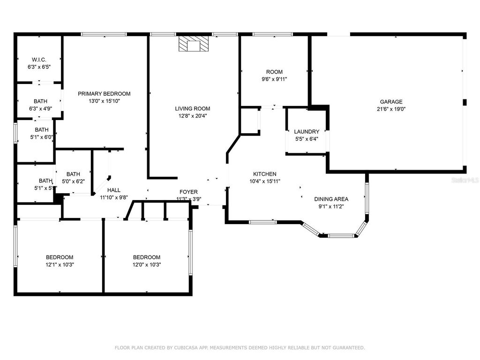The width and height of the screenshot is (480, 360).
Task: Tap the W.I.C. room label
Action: [39, 60]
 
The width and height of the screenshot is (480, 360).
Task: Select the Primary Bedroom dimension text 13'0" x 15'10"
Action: [104, 101]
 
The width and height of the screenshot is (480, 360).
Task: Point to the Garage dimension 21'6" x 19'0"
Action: [391, 109]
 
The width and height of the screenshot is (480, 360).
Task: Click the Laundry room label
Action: [307, 132]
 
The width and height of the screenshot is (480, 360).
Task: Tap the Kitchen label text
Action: [265, 174]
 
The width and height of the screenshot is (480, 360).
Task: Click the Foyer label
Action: [188, 192]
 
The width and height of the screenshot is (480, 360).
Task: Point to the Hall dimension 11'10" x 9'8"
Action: [113, 197]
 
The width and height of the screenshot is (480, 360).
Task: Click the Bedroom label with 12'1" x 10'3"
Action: [60, 257]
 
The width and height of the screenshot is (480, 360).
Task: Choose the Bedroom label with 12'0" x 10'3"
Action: [147, 257]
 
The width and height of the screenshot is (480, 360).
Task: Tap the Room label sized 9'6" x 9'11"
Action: [274, 72]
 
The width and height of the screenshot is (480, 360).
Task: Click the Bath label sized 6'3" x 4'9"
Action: [40, 102]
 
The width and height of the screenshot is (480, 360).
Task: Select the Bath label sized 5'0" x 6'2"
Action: [73, 174]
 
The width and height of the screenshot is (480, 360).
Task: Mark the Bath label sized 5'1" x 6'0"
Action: [41, 130]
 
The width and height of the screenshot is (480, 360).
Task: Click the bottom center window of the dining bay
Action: [341, 236]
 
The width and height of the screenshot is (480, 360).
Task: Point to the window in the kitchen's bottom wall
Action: [262, 222]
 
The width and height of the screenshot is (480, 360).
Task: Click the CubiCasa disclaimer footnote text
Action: [240, 348]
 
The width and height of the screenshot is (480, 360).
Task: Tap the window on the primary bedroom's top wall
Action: [104, 34]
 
